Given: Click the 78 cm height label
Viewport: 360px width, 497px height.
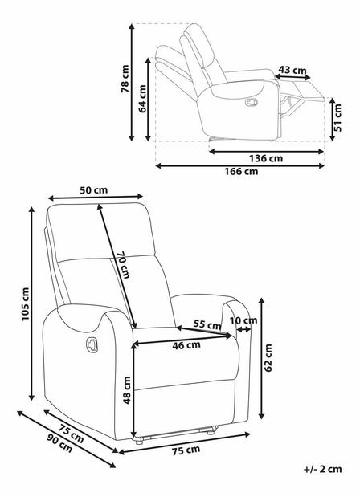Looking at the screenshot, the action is (x=125, y=79).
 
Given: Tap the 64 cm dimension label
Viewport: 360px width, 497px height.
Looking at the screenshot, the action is (x=142, y=99).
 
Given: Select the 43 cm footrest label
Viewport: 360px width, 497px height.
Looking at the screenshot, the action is (x=292, y=70).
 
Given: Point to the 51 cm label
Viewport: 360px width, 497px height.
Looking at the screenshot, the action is (x=337, y=117).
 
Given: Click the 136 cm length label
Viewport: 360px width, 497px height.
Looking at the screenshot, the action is (x=266, y=158).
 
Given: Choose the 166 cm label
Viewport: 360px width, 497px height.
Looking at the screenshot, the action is (x=241, y=172).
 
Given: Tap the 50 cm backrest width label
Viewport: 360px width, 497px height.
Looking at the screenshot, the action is (x=93, y=190).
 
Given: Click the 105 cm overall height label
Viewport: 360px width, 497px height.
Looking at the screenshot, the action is (x=25, y=304).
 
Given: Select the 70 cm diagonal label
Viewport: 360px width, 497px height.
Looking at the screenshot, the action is (x=124, y=265).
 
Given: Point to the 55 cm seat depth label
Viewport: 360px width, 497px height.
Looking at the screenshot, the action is (x=207, y=324).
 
